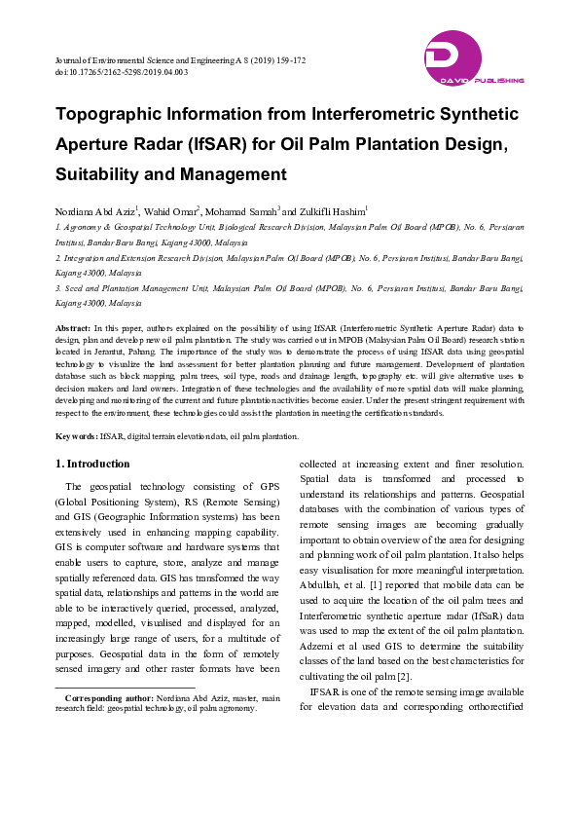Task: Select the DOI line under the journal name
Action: tap(122, 73)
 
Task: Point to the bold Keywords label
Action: tap(76, 437)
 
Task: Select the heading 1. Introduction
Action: tap(92, 464)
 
